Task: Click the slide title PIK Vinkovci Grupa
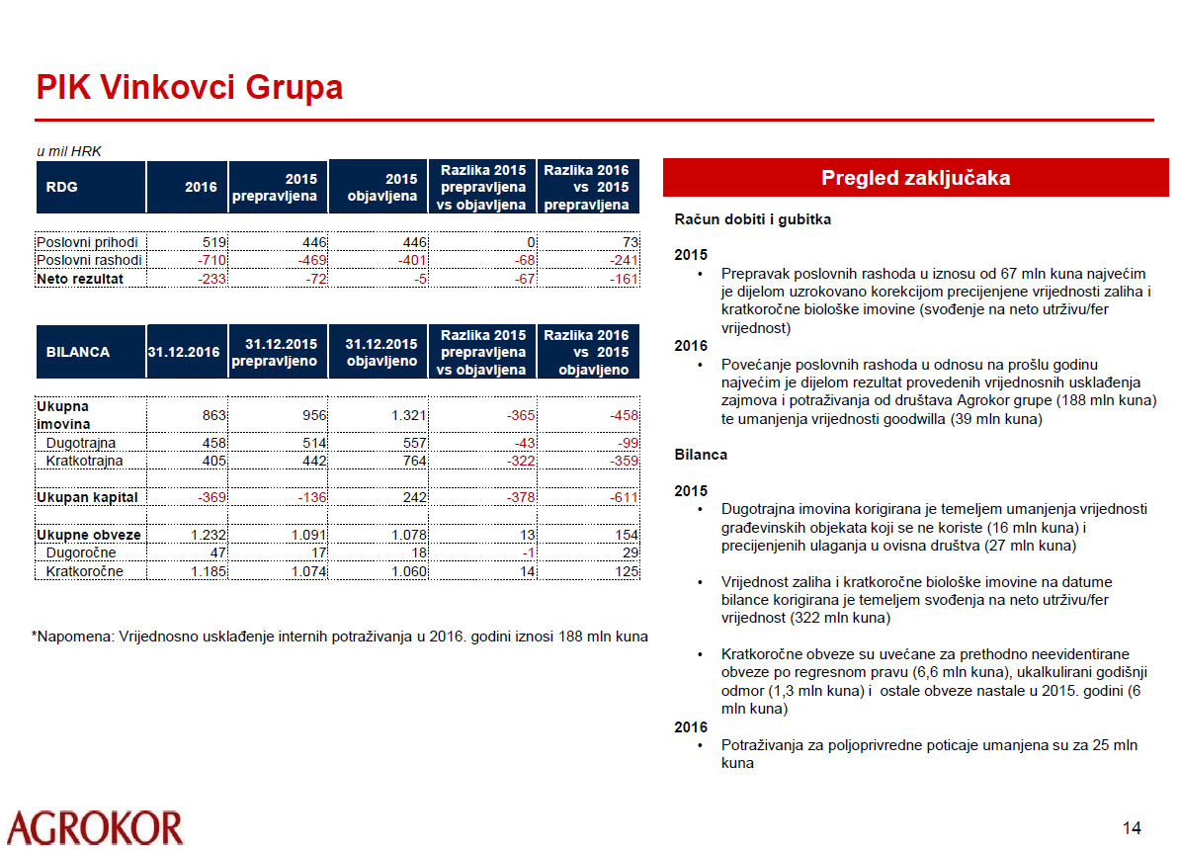(x=190, y=88)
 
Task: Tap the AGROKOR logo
(x=95, y=827)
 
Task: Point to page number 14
(x=1132, y=827)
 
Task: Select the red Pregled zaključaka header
(x=915, y=178)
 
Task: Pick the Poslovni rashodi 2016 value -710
(x=203, y=260)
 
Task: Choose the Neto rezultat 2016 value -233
(x=203, y=279)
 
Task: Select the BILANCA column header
(x=78, y=351)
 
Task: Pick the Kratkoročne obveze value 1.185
(x=199, y=571)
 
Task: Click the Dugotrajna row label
(x=80, y=444)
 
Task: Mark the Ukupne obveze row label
(x=88, y=535)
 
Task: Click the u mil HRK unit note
(x=69, y=151)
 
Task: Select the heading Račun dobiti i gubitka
(x=752, y=219)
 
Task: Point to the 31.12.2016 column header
(x=185, y=351)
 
